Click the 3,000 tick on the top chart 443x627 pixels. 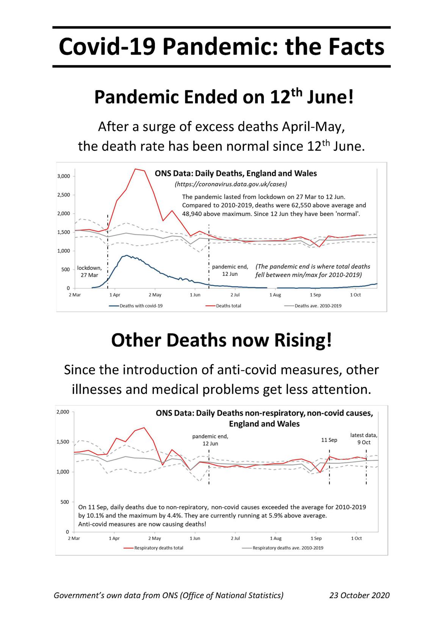tap(64, 176)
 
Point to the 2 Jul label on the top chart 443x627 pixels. tap(235, 295)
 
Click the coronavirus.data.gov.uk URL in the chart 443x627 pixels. tap(231, 185)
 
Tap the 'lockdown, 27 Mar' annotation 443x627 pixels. tap(89, 271)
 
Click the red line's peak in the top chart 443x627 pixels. tap(136, 169)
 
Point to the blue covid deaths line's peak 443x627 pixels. tap(126, 256)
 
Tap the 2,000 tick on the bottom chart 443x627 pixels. tap(63, 412)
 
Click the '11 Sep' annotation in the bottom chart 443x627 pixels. tap(329, 440)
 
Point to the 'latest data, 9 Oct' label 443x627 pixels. tap(364, 439)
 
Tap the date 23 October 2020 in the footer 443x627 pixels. tap(359, 596)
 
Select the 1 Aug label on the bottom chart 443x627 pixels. tap(276, 538)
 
